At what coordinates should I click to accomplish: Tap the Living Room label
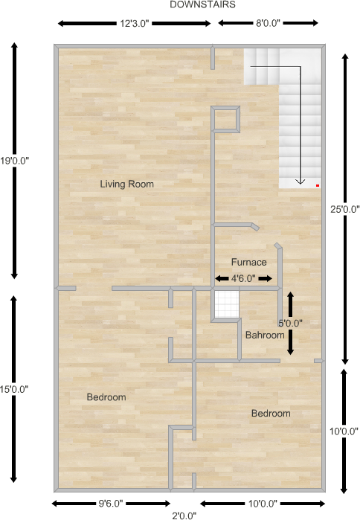pyautogui.click(x=127, y=184)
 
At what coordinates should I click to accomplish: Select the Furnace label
pyautogui.click(x=248, y=262)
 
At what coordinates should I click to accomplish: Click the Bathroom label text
pyautogui.click(x=266, y=336)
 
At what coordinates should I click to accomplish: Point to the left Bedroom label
pyautogui.click(x=106, y=397)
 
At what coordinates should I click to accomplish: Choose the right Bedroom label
pyautogui.click(x=271, y=414)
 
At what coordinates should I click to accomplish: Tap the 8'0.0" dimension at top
pyautogui.click(x=268, y=23)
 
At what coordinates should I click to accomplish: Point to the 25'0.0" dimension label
pyautogui.click(x=344, y=210)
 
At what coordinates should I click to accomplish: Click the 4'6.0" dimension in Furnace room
pyautogui.click(x=243, y=278)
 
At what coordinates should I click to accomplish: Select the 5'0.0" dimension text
pyautogui.click(x=290, y=323)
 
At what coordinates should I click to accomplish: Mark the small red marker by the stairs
pyautogui.click(x=318, y=184)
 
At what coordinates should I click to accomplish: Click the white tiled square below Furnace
pyautogui.click(x=226, y=304)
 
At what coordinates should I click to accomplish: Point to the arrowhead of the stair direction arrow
pyautogui.click(x=300, y=180)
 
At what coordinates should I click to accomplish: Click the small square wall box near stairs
pyautogui.click(x=226, y=119)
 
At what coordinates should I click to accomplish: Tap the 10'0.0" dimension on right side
pyautogui.click(x=344, y=431)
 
